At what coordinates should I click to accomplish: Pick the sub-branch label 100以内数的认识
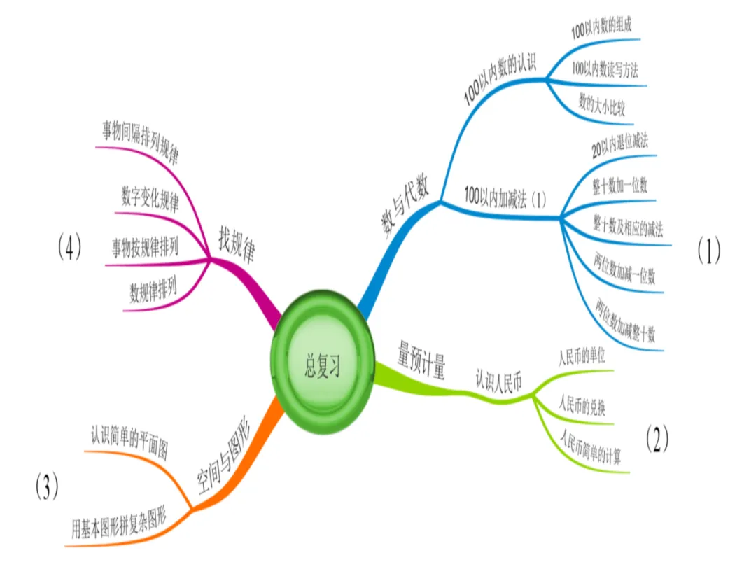click(499, 81)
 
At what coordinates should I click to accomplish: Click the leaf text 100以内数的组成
click(604, 31)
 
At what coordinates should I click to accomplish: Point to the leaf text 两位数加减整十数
click(625, 321)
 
